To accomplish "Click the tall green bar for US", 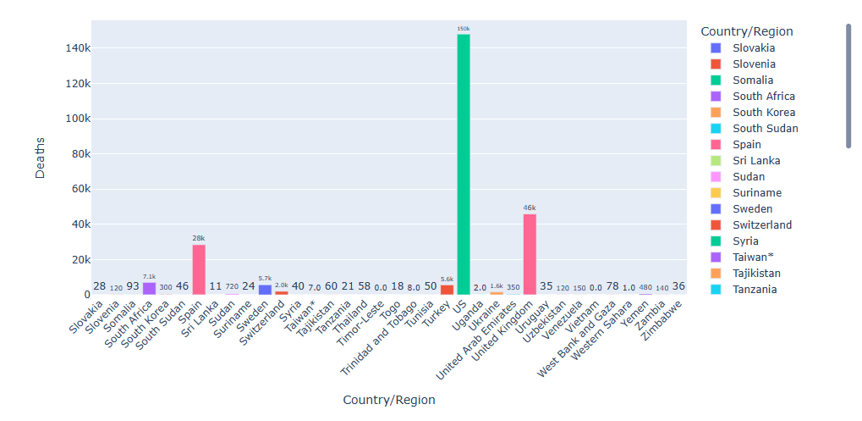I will [x=463, y=165].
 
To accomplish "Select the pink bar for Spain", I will [x=199, y=269].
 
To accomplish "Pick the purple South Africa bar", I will [x=149, y=289].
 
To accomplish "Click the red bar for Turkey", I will [x=447, y=290].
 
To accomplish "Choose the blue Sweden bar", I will [x=265, y=290].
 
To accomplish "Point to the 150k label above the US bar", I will [x=463, y=29].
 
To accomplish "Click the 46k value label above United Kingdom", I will [x=530, y=208].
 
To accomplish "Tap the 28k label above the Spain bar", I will [x=199, y=239].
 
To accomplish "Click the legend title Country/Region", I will [x=747, y=31].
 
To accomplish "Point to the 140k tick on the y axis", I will [x=77, y=48].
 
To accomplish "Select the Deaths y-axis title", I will [x=41, y=157].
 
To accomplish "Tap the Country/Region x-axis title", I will [x=388, y=400].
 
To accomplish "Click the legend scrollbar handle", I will [x=848, y=85].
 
